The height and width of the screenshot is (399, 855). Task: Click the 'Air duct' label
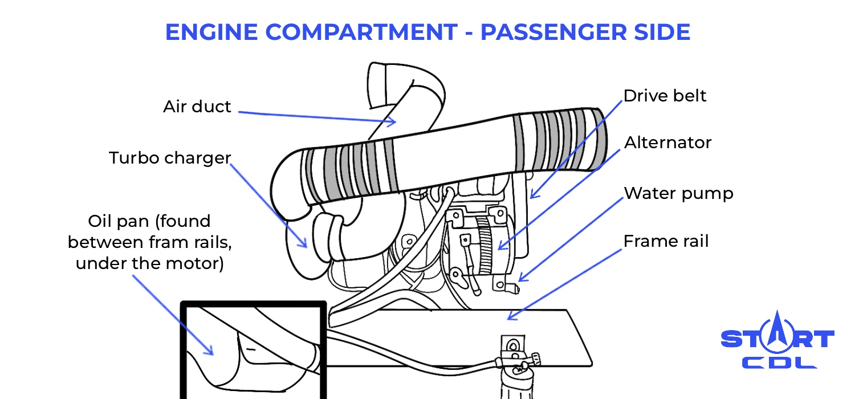click(197, 107)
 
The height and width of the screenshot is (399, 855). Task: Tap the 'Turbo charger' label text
click(170, 158)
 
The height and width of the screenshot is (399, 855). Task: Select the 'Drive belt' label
click(665, 96)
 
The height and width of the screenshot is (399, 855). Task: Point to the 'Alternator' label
click(667, 142)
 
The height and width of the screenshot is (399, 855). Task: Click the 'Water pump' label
click(678, 193)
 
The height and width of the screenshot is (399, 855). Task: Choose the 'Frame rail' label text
click(666, 241)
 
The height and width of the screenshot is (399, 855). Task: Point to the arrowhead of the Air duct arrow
click(393, 121)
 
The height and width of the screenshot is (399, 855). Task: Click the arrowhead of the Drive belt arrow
click(531, 196)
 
